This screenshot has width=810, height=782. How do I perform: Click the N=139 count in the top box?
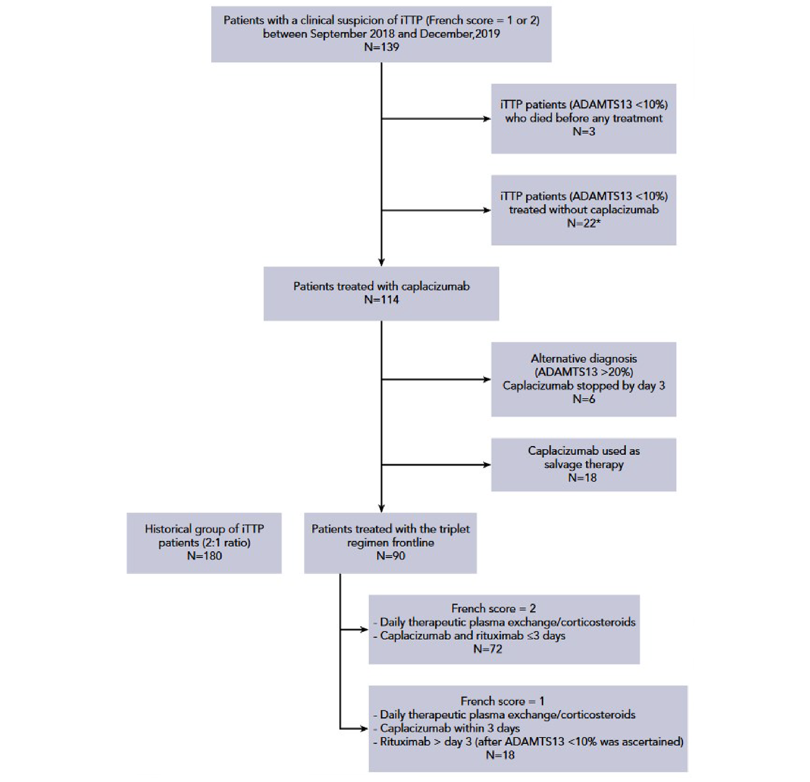click(x=381, y=47)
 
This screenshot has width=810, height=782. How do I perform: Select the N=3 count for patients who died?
click(x=583, y=132)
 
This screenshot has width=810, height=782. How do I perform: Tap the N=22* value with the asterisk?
click(x=583, y=223)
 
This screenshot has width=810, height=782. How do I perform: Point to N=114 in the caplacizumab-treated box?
click(x=381, y=300)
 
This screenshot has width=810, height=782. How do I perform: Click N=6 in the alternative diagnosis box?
click(x=583, y=399)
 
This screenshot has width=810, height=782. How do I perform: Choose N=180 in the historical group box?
click(x=204, y=556)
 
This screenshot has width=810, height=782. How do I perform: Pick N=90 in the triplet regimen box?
click(x=390, y=556)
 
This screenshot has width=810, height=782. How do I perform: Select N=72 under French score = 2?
click(x=487, y=649)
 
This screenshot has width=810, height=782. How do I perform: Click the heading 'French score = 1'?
click(x=502, y=701)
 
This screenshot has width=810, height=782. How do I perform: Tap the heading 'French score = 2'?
click(x=493, y=608)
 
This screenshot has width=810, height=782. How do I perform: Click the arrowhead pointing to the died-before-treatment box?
click(x=487, y=119)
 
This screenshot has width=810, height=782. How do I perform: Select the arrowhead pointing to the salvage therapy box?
click(x=487, y=465)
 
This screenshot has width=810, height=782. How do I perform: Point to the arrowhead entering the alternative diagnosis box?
click(x=487, y=380)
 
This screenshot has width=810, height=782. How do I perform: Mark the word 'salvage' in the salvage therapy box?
click(x=560, y=465)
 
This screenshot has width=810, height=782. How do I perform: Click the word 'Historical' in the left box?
click(x=173, y=529)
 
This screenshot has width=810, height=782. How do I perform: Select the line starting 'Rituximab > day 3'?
click(x=531, y=742)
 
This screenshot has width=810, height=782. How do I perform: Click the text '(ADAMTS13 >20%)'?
click(x=583, y=372)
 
